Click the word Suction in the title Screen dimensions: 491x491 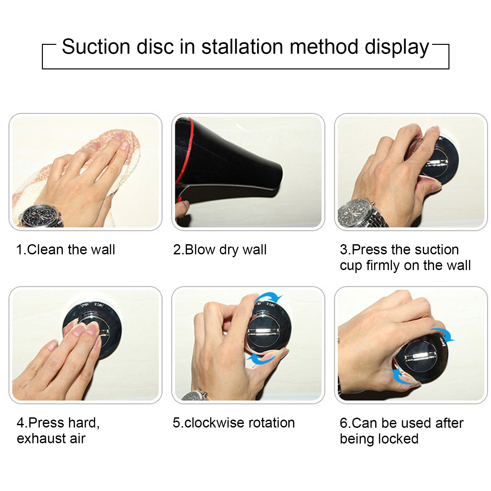coord(96,46)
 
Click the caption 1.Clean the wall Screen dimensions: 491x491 coord(65,250)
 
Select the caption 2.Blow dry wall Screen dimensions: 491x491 coord(220,250)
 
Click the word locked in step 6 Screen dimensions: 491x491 coord(398,439)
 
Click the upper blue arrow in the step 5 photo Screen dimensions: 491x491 coord(269,297)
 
